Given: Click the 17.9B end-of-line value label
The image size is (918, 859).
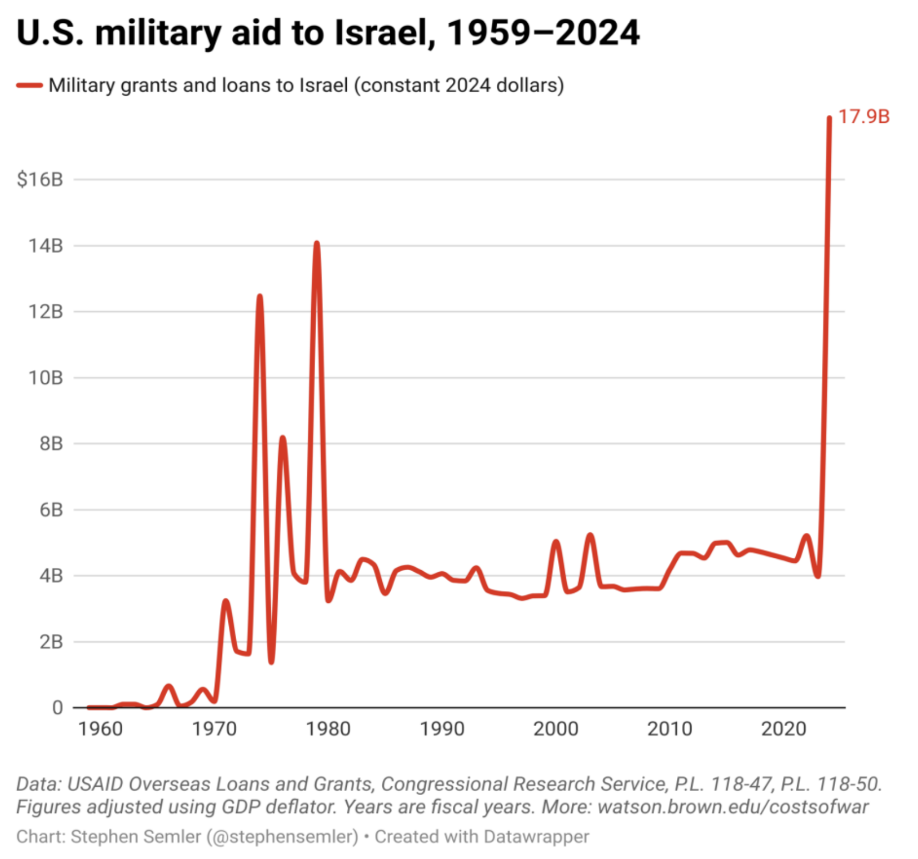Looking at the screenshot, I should pos(863,117).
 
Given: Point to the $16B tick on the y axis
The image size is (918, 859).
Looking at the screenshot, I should pos(40,179).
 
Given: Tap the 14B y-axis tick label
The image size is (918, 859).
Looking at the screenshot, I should pos(46,246).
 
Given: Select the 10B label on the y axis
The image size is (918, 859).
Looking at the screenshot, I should pos(46,378).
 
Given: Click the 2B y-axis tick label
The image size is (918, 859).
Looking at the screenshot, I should pos(51,642).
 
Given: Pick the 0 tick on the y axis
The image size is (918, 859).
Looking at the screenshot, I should pos(57,708).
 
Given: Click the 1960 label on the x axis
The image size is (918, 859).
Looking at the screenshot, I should pos(101,728).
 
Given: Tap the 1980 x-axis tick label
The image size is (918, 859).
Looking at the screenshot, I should pos(328,728).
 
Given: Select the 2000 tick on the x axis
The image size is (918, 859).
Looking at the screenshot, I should pos(556,728).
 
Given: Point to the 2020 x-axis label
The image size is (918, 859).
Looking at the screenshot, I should pos(783,728).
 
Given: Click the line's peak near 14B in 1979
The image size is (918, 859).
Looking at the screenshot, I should pos(317,244).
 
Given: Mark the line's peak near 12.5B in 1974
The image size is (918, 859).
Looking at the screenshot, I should pos(260,297).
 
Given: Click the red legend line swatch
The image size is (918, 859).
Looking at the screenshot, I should pos(29,85).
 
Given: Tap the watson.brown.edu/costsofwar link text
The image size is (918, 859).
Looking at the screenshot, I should pos(733,807).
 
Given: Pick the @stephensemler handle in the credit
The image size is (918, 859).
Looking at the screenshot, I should pos(283,836).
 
